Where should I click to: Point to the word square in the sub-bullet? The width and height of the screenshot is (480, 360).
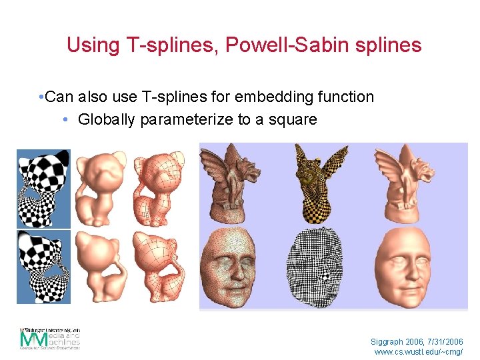293,121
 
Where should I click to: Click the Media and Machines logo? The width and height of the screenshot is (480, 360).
50,338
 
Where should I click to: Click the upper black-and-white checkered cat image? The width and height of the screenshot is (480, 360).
43,188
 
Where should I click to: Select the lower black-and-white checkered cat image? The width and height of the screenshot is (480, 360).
43,267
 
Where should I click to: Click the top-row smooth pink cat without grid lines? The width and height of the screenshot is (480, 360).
99,188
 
